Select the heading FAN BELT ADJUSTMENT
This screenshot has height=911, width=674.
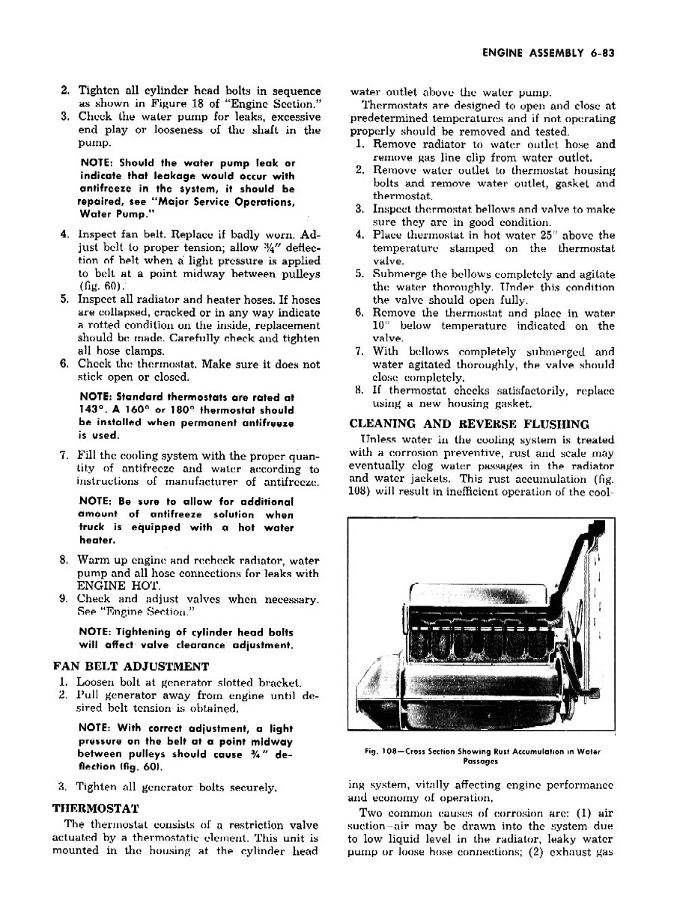point(132,666)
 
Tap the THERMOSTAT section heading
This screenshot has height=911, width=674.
point(96,808)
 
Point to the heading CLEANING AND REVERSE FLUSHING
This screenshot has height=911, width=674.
point(469,424)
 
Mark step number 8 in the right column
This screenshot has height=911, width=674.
point(359,391)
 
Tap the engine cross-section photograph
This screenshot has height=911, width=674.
point(479,625)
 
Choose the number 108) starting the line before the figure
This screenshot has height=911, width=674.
point(363,492)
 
